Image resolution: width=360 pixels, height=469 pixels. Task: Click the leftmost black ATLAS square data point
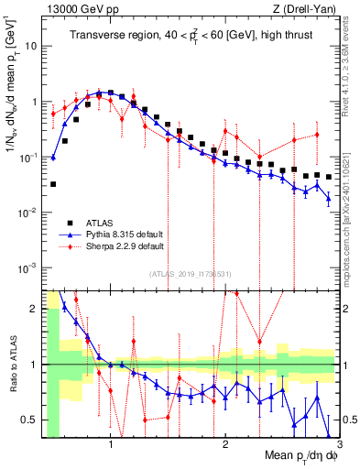(53, 184)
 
